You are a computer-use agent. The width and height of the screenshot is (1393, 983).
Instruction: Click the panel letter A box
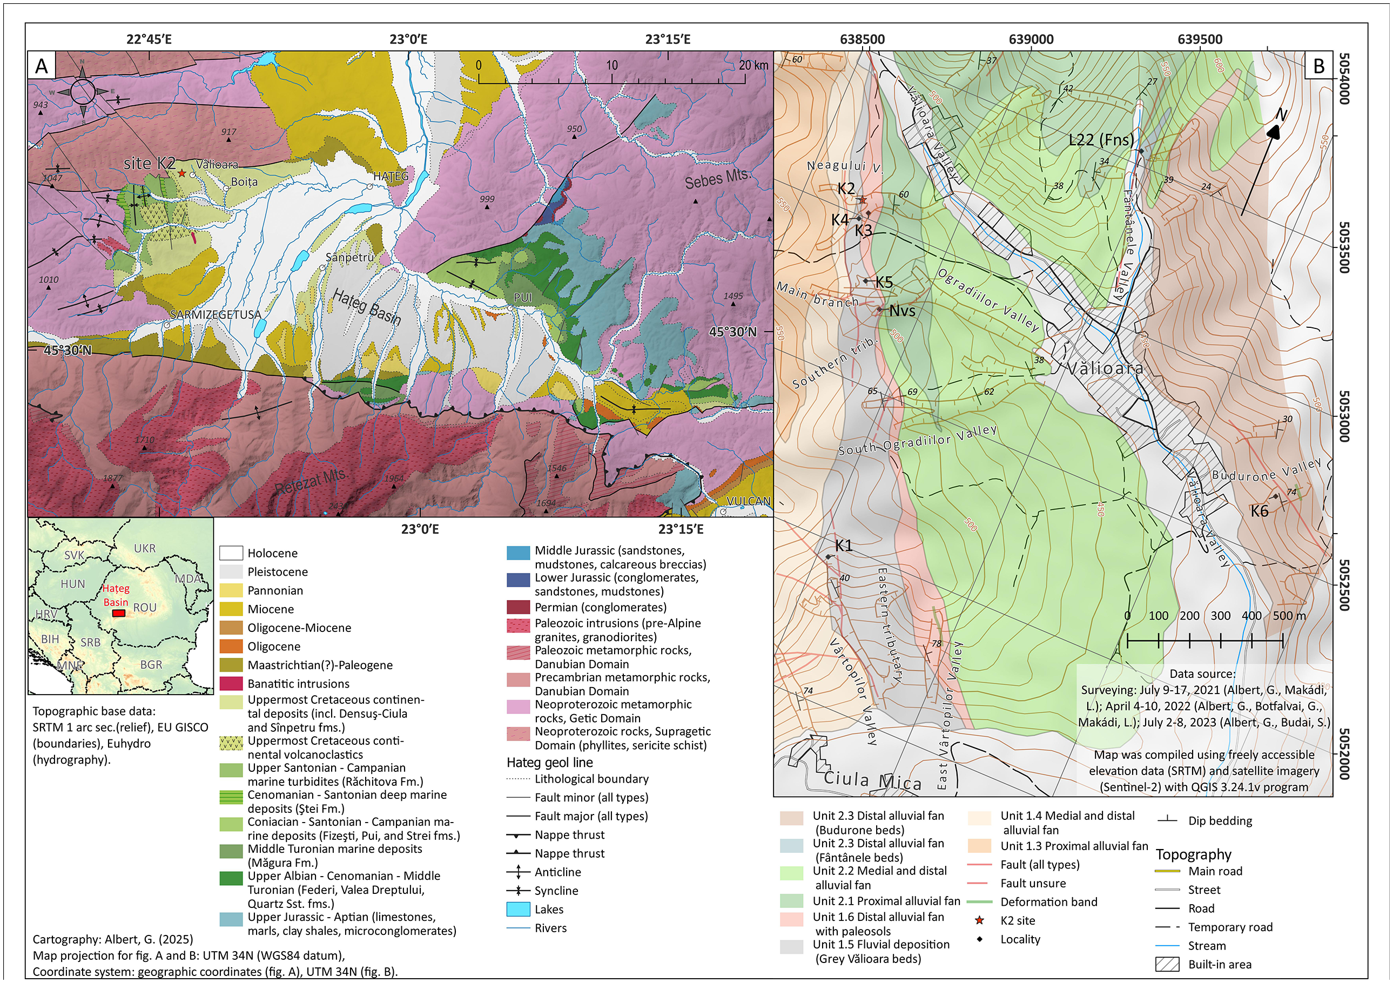41,65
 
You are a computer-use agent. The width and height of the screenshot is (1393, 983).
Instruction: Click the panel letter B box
1319,65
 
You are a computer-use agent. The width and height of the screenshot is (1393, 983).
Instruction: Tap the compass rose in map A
83,92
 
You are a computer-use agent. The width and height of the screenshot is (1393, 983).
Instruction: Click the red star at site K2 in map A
182,173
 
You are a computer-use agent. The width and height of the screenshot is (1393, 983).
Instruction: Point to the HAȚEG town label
391,177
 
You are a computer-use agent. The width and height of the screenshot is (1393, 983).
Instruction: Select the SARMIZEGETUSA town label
216,315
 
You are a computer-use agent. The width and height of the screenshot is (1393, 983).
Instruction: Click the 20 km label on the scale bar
753,65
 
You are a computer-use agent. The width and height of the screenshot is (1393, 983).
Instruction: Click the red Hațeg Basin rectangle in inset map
119,614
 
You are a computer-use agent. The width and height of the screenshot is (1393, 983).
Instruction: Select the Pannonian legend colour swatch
231,590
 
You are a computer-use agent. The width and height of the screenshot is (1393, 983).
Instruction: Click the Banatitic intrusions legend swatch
231,684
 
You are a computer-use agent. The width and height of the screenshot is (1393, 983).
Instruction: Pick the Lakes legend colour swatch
518,910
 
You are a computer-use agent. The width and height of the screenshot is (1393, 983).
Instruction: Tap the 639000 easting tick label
1032,39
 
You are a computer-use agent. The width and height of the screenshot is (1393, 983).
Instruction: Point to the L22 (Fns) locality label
1101,139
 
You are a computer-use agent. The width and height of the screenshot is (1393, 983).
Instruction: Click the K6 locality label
1260,511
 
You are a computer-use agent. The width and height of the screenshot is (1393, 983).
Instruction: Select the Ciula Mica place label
872,781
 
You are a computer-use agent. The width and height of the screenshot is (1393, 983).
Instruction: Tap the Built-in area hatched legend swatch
1167,964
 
